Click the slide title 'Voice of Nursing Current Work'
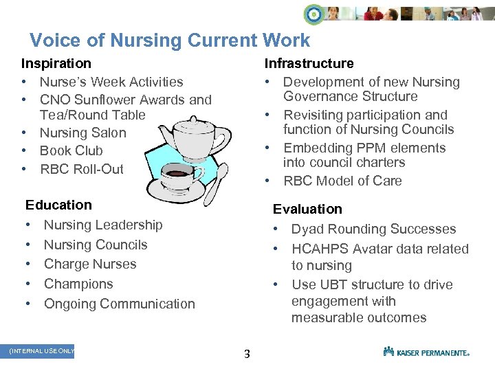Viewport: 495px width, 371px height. pos(170,41)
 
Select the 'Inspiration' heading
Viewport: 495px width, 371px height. pos(56,63)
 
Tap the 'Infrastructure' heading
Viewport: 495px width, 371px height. pos(309,63)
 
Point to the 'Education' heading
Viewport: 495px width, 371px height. pos(58,205)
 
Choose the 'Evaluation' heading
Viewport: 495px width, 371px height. pos(307,209)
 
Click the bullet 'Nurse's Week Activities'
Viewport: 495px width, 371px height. pos(111,82)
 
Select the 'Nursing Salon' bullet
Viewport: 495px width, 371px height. pos(82,133)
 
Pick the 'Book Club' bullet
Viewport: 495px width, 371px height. pos(71,150)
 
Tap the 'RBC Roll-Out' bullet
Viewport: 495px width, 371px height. pos(81,168)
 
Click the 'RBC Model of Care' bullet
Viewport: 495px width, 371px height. pos(342,181)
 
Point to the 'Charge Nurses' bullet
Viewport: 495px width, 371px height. pos(90,264)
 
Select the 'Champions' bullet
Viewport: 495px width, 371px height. pos(78,284)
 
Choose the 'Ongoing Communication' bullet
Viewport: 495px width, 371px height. pos(119,304)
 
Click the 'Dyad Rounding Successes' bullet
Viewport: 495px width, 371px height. pos(373,229)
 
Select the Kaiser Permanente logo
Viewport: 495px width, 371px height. pos(426,352)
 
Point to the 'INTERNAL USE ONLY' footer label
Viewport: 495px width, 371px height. pos(41,351)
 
